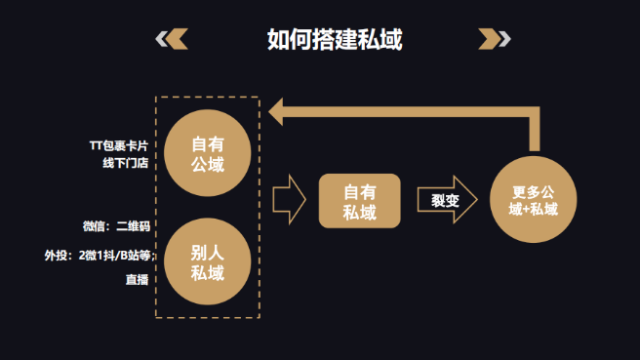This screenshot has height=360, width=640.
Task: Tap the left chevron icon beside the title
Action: point(172,39)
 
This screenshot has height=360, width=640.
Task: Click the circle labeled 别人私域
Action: point(208,261)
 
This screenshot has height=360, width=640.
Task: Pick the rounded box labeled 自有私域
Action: point(359,201)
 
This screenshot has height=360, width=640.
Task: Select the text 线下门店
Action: point(126,163)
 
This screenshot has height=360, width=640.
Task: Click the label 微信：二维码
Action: point(116,226)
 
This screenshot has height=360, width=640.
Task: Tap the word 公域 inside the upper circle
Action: point(208,164)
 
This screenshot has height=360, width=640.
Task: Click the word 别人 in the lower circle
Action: point(208,250)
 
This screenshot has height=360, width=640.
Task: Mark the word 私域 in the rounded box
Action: point(359,212)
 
